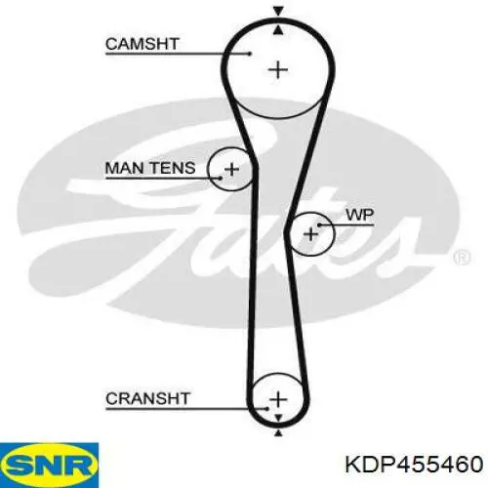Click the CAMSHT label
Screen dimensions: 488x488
pos(142,44)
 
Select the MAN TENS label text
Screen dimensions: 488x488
pos(150,168)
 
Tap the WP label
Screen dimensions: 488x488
pos(360,215)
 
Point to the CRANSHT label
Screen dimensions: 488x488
pos(147,398)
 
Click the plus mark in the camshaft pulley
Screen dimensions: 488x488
pos(278,70)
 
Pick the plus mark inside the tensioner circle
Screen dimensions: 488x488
pos(232,169)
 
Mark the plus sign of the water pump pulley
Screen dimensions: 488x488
pos(311,234)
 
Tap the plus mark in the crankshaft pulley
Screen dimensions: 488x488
pos(278,399)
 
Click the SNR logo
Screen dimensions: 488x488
pos(49,466)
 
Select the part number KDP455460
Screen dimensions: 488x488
pos(414,464)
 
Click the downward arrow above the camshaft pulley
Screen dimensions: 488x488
pos(278,12)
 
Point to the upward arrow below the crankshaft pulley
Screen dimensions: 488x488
pos(278,432)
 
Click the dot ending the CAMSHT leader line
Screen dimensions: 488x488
pos(250,54)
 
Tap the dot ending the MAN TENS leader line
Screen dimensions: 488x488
pos(221,178)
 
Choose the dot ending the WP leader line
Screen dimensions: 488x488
pos(319,224)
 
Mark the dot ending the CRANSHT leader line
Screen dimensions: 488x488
pos(266,409)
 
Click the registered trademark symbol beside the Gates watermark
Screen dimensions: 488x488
pos(462,258)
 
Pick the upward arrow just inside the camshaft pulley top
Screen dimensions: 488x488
pos(278,30)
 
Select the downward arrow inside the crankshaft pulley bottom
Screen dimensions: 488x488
pos(278,418)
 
